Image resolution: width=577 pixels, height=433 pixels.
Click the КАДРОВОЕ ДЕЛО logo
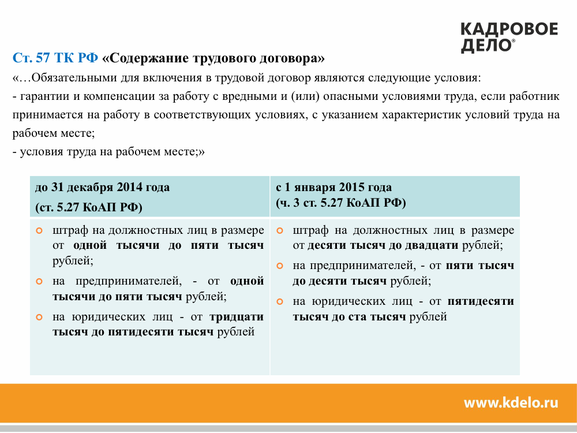[509, 38]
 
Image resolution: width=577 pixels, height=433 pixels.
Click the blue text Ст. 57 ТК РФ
[55, 58]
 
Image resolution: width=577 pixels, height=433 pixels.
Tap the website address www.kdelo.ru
[511, 402]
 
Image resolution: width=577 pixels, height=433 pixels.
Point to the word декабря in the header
[89, 188]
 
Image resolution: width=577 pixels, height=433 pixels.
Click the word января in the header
[314, 188]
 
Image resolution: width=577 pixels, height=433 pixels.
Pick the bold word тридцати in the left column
[236, 318]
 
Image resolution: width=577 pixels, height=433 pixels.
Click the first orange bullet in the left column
[39, 231]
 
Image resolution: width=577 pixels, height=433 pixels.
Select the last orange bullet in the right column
[280, 301]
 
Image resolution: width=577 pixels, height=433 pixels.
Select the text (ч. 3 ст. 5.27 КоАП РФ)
[341, 203]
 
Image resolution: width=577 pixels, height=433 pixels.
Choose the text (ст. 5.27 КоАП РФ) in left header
[89, 207]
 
